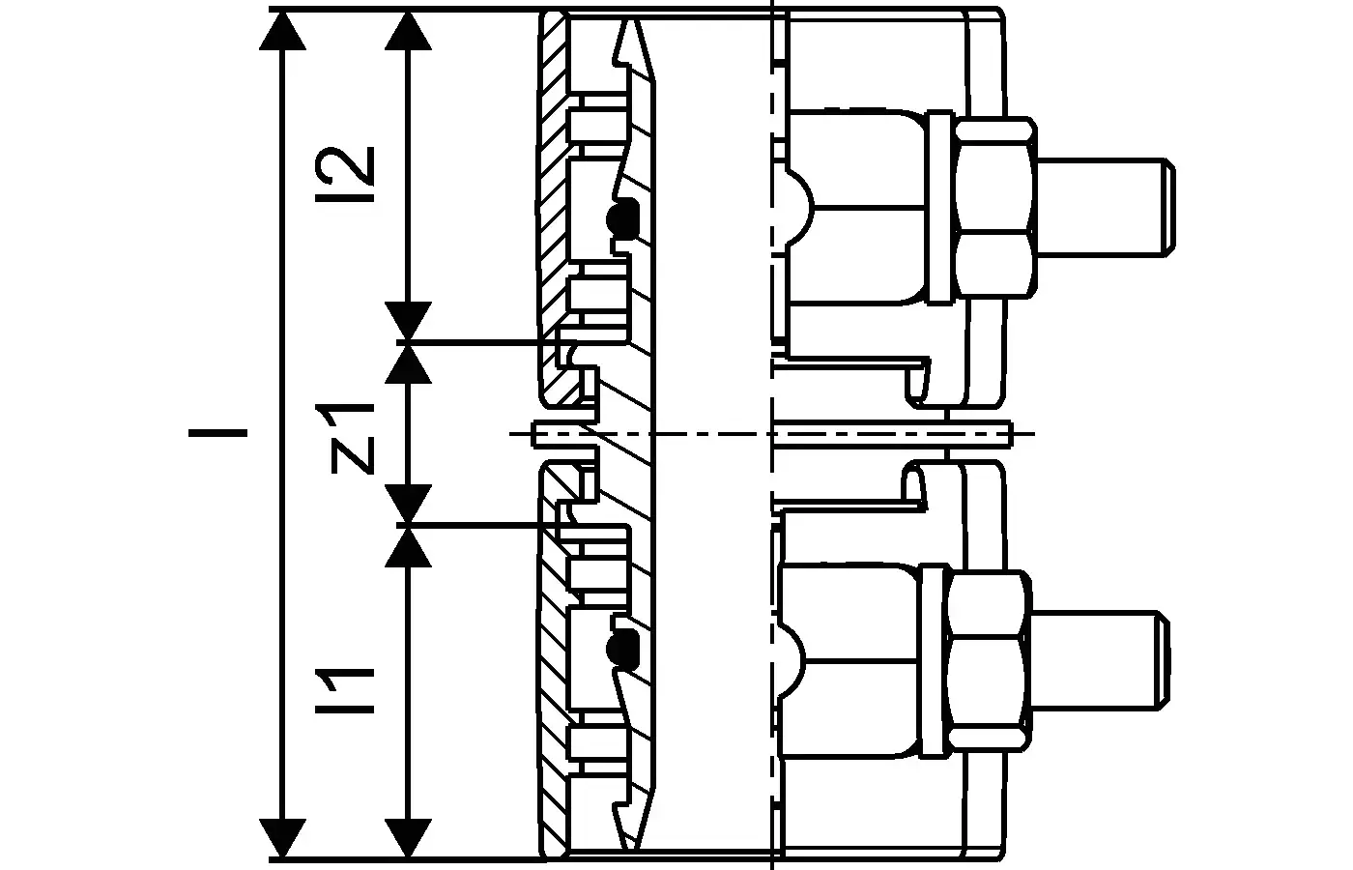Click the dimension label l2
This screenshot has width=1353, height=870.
pos(344,174)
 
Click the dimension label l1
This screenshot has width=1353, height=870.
pos(344,690)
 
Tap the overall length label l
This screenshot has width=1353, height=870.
pos(217,433)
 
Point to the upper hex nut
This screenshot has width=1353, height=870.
pos(994,208)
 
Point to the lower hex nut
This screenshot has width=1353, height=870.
pos(988,661)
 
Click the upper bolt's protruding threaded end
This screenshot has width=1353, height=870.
pos(1106,207)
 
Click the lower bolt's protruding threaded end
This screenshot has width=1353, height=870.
pos(1100,660)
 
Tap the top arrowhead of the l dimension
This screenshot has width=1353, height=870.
pos(282,30)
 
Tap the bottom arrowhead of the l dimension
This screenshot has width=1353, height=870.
pos(282,837)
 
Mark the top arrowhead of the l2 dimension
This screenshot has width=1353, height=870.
pos(408,30)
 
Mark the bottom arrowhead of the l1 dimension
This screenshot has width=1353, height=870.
pos(408,837)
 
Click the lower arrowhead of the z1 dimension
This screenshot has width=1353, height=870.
pos(408,503)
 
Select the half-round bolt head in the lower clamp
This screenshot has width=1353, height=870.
pos(792,660)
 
